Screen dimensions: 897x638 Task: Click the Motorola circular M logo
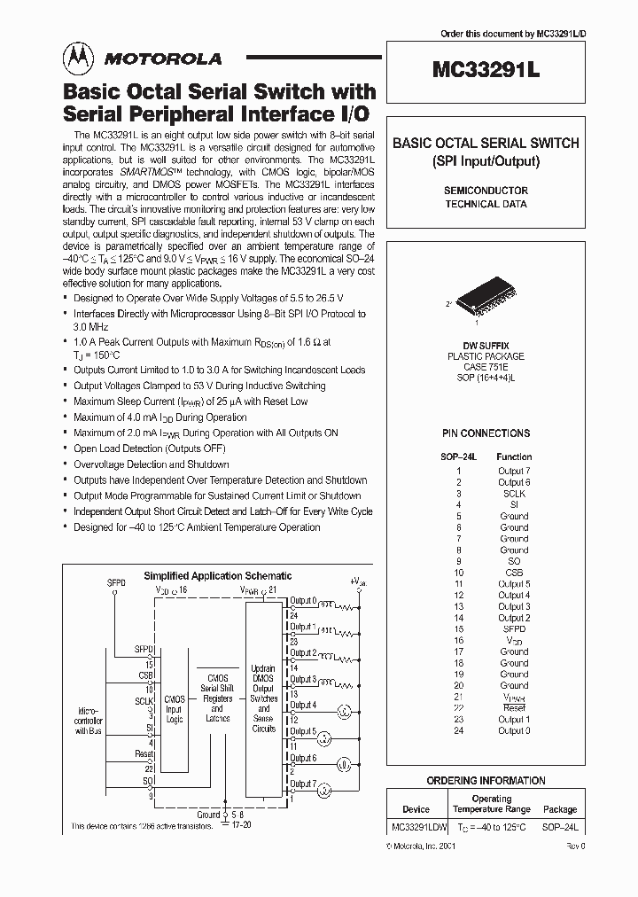78,58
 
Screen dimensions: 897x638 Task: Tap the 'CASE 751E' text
485,366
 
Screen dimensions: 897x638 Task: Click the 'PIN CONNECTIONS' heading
486,433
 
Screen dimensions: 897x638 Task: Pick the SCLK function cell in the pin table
513,493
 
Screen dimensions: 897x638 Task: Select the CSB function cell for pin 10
513,573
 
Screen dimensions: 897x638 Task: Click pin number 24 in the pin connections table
459,730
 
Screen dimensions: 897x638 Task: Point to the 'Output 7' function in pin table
513,471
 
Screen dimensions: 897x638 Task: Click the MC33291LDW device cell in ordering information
416,825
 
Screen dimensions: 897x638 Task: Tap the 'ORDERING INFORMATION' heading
486,781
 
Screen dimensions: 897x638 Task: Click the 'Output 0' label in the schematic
302,602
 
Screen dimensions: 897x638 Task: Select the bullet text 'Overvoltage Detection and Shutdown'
151,464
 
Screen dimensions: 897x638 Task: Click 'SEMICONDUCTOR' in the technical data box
486,191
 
